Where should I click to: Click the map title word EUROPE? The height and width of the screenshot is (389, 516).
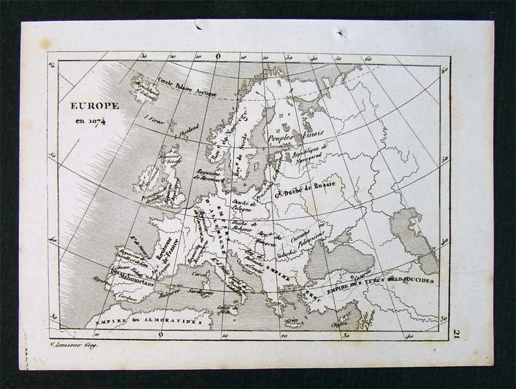pyautogui.click(x=94, y=105)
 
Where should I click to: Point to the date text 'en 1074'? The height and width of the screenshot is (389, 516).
pyautogui.click(x=94, y=121)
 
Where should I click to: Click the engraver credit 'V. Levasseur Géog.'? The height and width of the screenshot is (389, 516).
pyautogui.click(x=74, y=345)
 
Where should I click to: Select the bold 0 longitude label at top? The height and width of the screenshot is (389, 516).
pyautogui.click(x=218, y=57)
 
